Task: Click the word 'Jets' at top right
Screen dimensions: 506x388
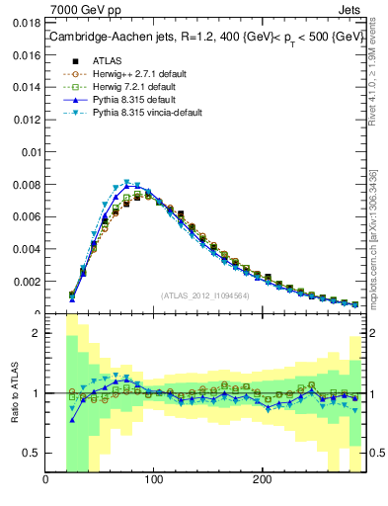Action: [x=349, y=9]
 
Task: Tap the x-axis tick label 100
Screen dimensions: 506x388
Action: [x=154, y=481]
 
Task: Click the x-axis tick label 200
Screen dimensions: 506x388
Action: [x=262, y=481]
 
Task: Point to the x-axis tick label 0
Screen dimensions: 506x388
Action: [x=46, y=481]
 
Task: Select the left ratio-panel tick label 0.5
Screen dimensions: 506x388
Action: [x=31, y=453]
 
